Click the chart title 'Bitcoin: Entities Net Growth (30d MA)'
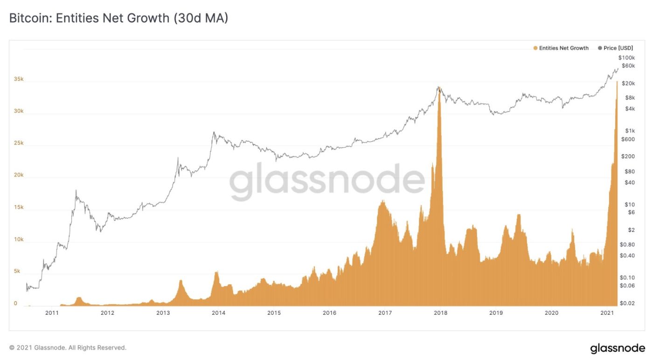[x=118, y=19]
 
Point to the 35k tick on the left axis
[x=18, y=80]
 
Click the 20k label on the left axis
[x=18, y=175]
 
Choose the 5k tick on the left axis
[x=17, y=271]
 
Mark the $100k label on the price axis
[x=626, y=57]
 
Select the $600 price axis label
[x=628, y=139]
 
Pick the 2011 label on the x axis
[x=52, y=313]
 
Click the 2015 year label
[x=274, y=313]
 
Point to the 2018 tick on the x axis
[x=440, y=313]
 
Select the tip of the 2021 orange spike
[x=617, y=82]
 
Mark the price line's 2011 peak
[x=76, y=190]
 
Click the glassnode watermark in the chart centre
[x=326, y=181]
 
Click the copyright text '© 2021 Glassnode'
[x=68, y=348]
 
